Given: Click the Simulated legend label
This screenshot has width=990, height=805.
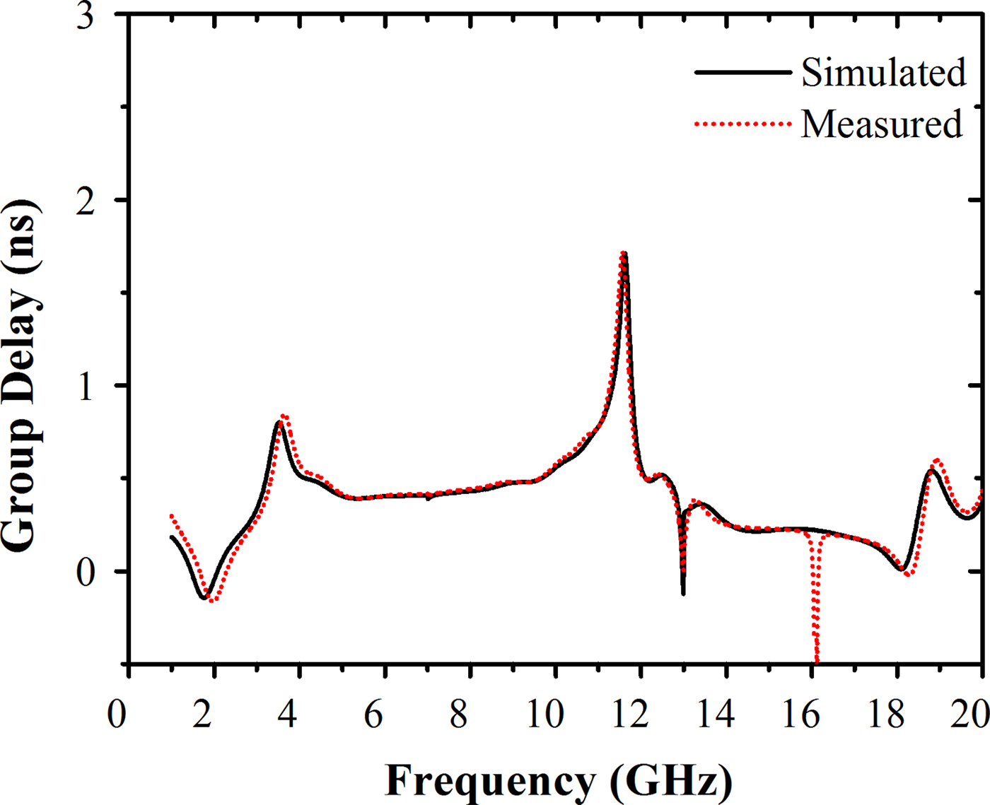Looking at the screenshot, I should click(x=883, y=72).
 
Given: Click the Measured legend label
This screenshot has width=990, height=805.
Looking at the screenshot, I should click(x=881, y=124).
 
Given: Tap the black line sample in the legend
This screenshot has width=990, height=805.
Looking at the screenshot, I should click(x=742, y=72).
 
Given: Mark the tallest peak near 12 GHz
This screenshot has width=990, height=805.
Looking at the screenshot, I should click(x=624, y=254).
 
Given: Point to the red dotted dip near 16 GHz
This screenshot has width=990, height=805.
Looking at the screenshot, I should click(x=817, y=654).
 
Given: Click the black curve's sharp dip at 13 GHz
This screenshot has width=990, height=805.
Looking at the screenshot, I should click(x=683, y=592).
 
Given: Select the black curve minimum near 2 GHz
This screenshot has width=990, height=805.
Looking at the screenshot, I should click(x=204, y=597).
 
